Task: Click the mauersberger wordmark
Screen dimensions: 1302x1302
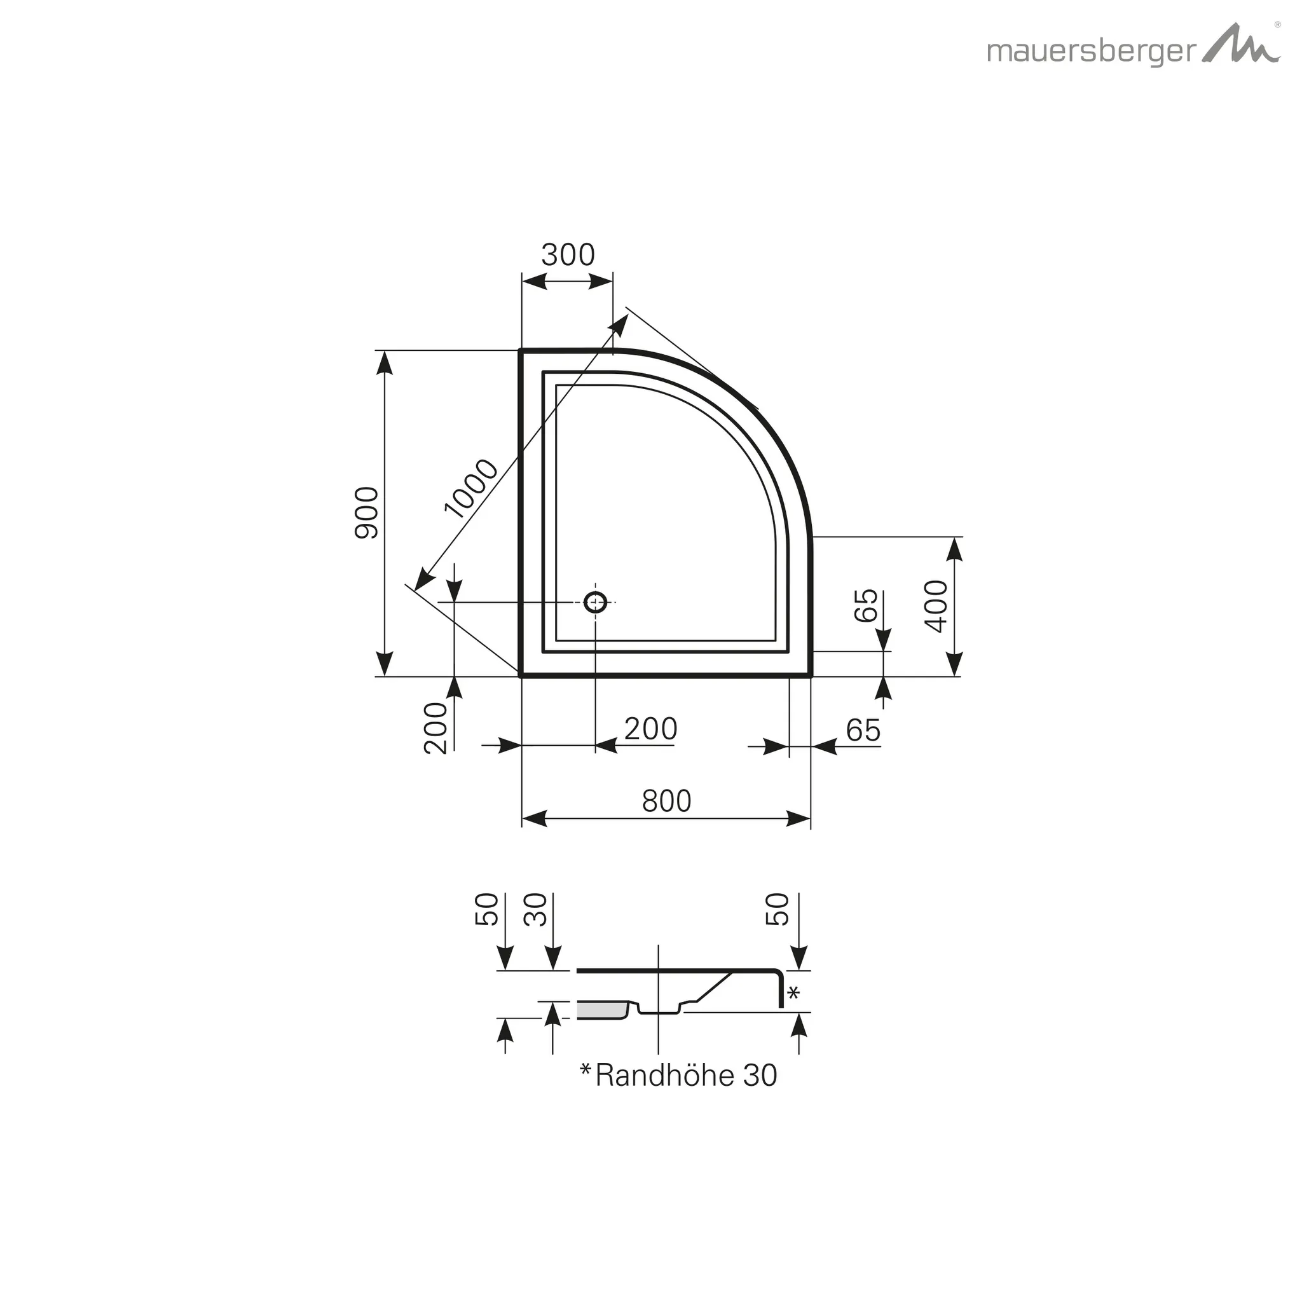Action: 1090,52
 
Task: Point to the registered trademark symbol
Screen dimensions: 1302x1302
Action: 1276,24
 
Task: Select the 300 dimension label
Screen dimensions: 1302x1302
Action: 568,256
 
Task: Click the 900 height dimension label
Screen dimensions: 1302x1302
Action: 367,512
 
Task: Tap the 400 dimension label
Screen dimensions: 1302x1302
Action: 936,606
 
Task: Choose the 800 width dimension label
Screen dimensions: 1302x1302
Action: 666,801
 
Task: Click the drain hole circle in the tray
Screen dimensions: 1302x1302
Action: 595,602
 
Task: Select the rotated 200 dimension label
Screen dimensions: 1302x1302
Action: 436,728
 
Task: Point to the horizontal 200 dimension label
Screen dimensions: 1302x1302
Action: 650,729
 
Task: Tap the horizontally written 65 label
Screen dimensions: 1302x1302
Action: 863,730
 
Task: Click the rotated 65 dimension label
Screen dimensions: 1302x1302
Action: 867,605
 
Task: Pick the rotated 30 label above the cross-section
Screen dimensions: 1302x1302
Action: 537,909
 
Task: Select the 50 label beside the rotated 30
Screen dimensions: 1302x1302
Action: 487,909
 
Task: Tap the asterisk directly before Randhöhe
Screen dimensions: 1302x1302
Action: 586,1070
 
